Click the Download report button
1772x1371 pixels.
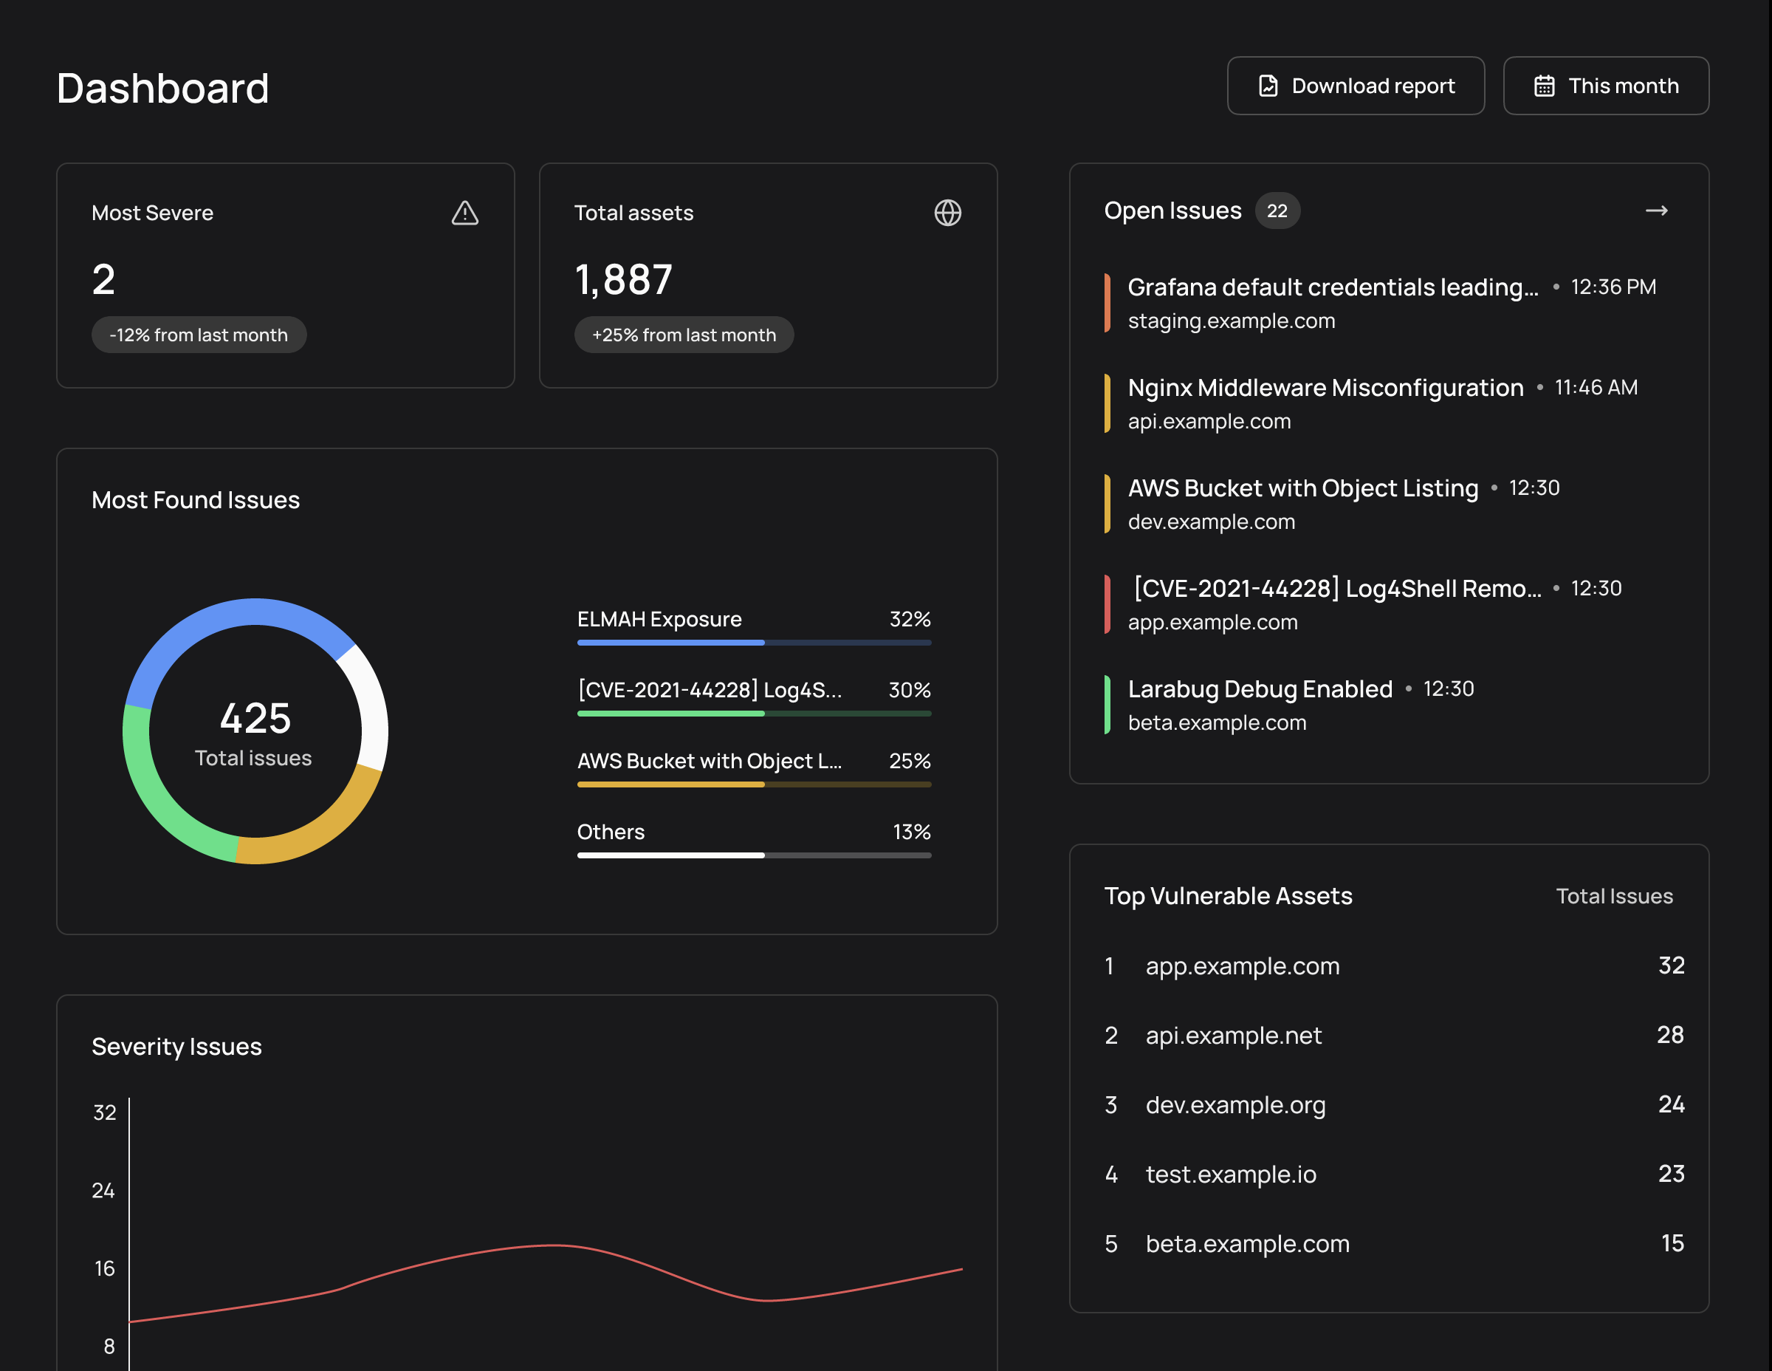[x=1355, y=86]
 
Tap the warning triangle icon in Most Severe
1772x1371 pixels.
[x=465, y=213]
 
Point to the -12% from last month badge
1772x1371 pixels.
[x=199, y=335]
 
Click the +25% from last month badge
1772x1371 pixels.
[x=683, y=335]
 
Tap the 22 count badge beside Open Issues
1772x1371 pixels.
[x=1277, y=211]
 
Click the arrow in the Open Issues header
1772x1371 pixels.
[x=1656, y=211]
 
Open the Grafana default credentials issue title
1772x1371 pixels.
[x=1332, y=287]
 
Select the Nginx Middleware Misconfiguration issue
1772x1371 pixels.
[x=1325, y=388]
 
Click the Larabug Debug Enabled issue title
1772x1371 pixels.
[x=1259, y=689]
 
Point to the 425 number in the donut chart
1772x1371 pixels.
[x=255, y=719]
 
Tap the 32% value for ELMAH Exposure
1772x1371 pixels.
[x=910, y=619]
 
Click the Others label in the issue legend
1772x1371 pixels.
[x=610, y=832]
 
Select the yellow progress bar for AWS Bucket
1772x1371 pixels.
[x=670, y=784]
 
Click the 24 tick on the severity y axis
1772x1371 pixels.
[x=103, y=1191]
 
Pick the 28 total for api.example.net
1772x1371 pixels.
[x=1670, y=1035]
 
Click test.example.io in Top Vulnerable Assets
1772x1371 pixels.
[x=1230, y=1175]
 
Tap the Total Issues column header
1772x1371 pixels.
[x=1614, y=896]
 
